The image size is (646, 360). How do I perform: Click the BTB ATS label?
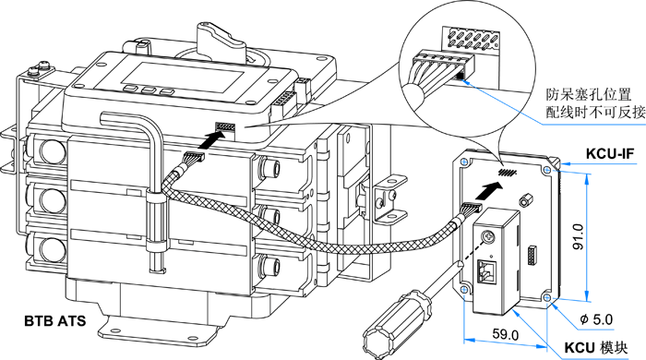(x=55, y=321)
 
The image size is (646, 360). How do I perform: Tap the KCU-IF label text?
(x=610, y=153)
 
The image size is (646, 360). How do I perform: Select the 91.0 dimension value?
(x=579, y=237)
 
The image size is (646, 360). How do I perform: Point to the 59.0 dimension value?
(x=506, y=335)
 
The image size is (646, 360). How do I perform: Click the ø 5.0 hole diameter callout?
(x=596, y=319)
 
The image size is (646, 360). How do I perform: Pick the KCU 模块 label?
(x=596, y=348)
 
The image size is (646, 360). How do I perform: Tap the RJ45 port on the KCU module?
(x=489, y=271)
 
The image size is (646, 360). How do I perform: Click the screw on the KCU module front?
(x=488, y=237)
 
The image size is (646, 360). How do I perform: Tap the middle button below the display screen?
(x=148, y=90)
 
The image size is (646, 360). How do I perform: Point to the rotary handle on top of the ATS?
(x=220, y=39)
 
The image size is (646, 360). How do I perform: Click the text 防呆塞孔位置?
(x=589, y=95)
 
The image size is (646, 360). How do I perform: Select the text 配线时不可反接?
(x=596, y=112)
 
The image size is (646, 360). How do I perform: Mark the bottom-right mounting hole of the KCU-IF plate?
(x=547, y=297)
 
